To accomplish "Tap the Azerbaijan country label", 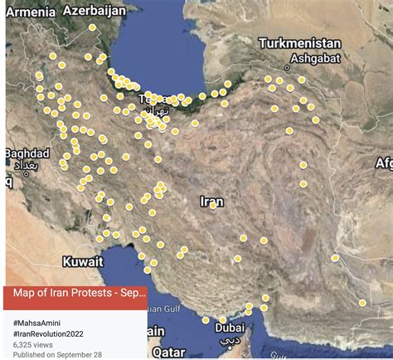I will [95, 11].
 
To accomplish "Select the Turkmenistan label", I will [299, 43].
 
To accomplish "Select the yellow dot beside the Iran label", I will [212, 206].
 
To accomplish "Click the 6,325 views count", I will [35, 343].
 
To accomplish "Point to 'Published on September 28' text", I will [56, 354].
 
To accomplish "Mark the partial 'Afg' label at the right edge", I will [383, 163].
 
